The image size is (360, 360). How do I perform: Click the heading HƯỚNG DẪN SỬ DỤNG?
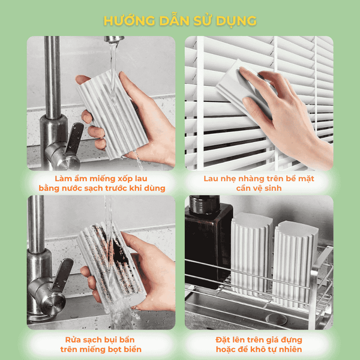click(180, 20)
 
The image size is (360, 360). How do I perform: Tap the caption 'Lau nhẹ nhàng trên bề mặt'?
click(259, 178)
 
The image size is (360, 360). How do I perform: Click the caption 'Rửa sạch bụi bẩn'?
click(101, 339)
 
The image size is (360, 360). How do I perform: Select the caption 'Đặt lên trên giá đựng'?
click(259, 339)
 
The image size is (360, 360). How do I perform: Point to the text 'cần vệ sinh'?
click(259, 188)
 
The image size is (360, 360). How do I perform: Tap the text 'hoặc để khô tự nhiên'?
click(259, 349)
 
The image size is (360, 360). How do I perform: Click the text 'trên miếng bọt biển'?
click(101, 349)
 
